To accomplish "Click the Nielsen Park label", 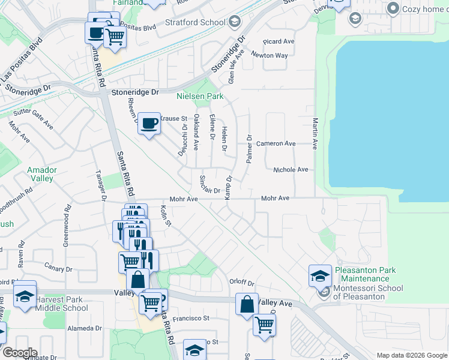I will pyautogui.click(x=199, y=96).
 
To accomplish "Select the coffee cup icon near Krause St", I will pyautogui.click(x=149, y=124).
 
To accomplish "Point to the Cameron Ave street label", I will pyautogui.click(x=276, y=144).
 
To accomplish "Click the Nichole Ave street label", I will pyautogui.click(x=291, y=170).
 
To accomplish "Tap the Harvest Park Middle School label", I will pyautogui.click(x=61, y=304).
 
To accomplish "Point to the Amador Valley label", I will pyautogui.click(x=42, y=174).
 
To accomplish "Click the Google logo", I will pyautogui.click(x=20, y=353).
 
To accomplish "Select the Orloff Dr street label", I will pyautogui.click(x=242, y=283).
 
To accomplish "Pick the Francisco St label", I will pyautogui.click(x=190, y=319).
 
